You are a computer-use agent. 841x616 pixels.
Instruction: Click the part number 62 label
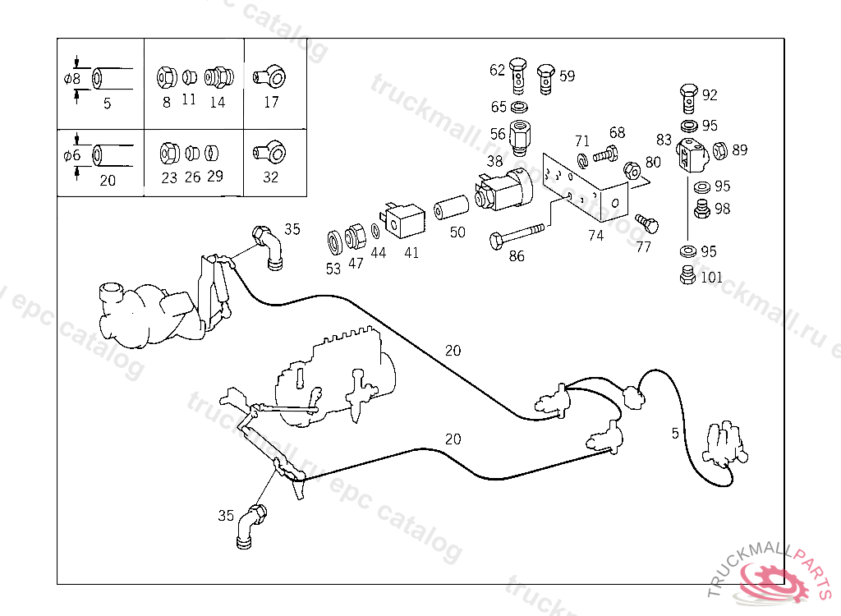click(x=497, y=71)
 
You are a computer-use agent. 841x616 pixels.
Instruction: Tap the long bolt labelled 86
click(x=517, y=236)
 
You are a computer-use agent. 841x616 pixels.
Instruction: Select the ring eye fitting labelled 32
click(x=270, y=153)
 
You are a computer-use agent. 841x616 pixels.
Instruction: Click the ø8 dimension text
click(x=72, y=80)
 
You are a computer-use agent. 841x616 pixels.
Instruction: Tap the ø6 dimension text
click(x=72, y=154)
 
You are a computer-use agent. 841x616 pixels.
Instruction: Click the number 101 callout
click(x=711, y=278)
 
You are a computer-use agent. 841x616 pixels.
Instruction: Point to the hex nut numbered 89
click(x=720, y=150)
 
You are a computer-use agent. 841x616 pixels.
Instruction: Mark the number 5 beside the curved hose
click(x=675, y=433)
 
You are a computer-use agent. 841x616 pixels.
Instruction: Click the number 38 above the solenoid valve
click(x=494, y=162)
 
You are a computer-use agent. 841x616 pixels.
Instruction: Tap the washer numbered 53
click(x=334, y=242)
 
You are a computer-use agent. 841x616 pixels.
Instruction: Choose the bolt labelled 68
click(x=606, y=152)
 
